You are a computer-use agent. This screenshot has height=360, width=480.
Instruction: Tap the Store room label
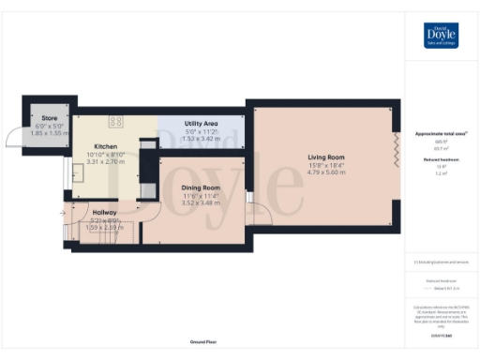46,118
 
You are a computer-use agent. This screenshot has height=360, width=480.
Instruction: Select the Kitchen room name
105,147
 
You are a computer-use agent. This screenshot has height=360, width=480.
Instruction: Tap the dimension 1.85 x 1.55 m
46,134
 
